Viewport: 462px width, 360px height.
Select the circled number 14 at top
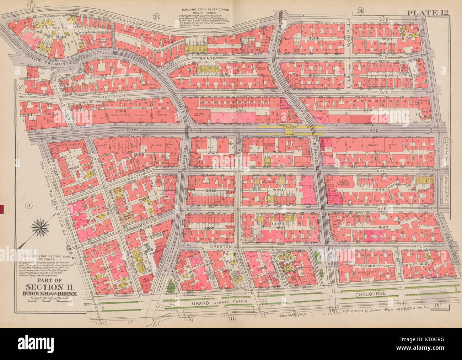point(360,11)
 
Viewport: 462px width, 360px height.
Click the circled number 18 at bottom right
point(437,304)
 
